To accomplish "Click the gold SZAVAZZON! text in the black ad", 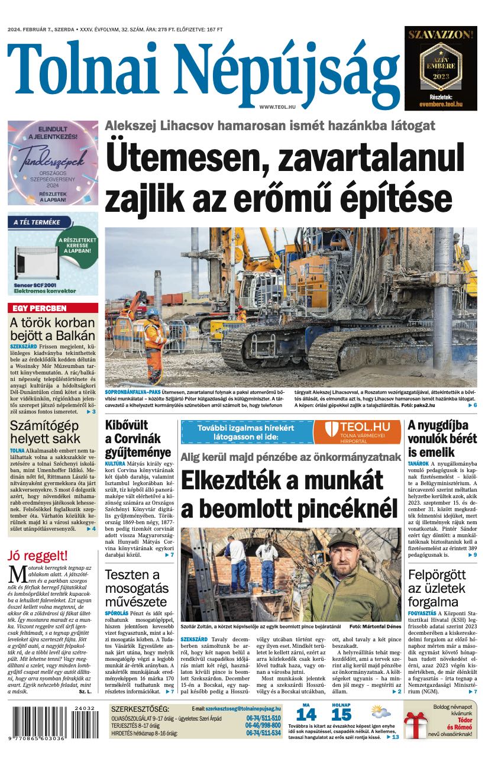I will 441,35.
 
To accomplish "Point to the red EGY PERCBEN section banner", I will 53,308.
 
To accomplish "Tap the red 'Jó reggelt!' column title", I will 38,556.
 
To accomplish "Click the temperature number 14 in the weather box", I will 306,715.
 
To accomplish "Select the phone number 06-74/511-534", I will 263,733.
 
